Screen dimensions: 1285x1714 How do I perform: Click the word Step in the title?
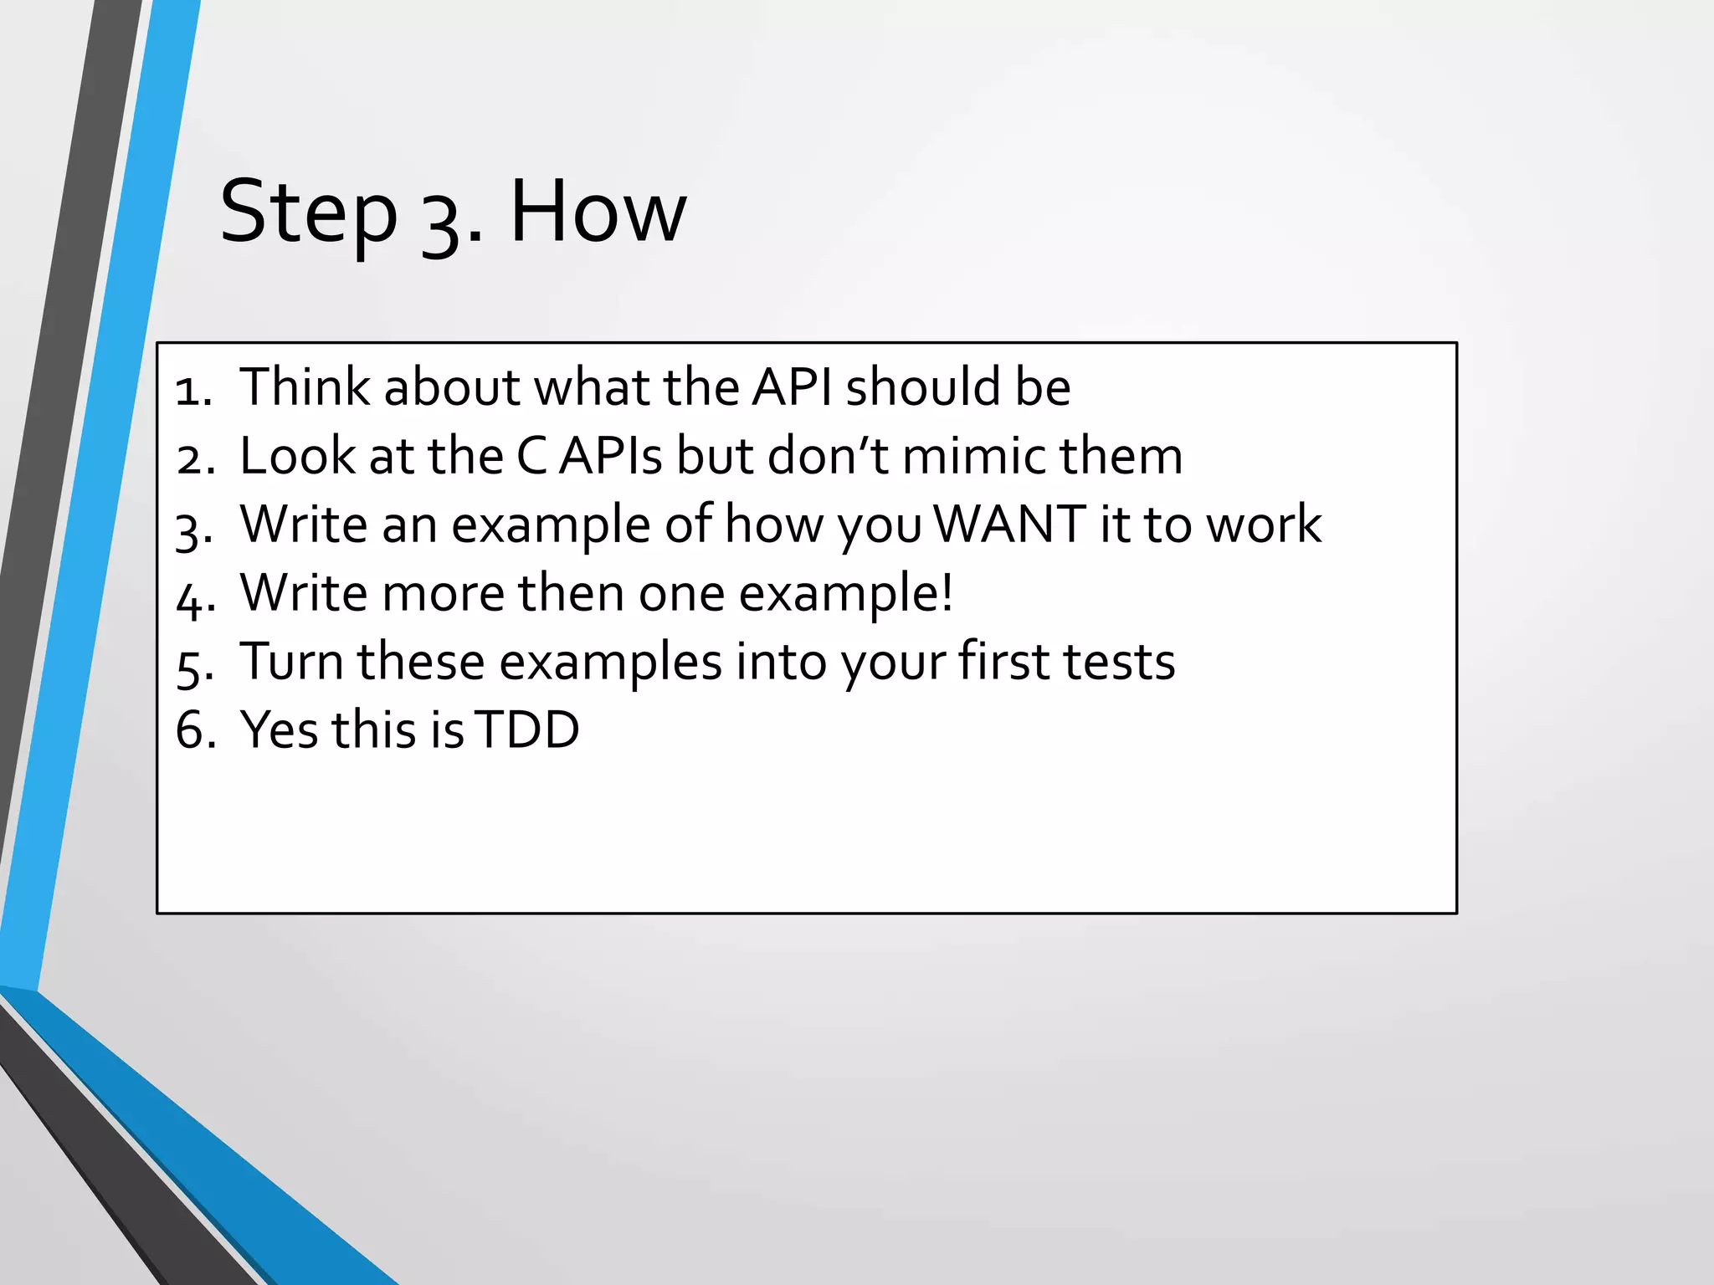308,214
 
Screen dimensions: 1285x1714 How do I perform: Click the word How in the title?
598,212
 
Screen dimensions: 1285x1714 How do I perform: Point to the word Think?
305,387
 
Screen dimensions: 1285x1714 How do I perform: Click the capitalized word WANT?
1009,525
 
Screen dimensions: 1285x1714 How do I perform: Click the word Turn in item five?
292,662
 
